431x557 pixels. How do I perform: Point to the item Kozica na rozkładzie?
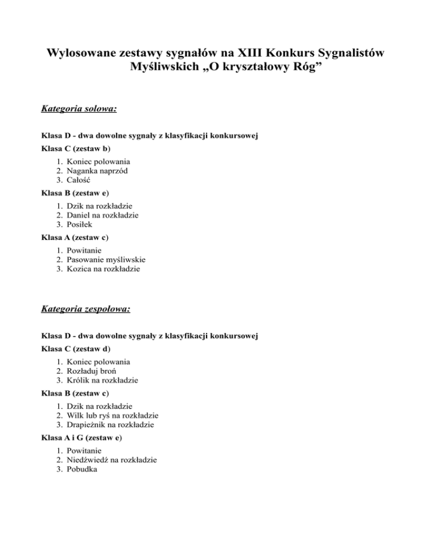click(x=103, y=268)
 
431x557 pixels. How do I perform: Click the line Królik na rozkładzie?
click(x=102, y=380)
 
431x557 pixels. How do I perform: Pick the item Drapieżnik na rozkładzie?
click(x=110, y=425)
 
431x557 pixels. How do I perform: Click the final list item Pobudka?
click(x=81, y=470)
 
